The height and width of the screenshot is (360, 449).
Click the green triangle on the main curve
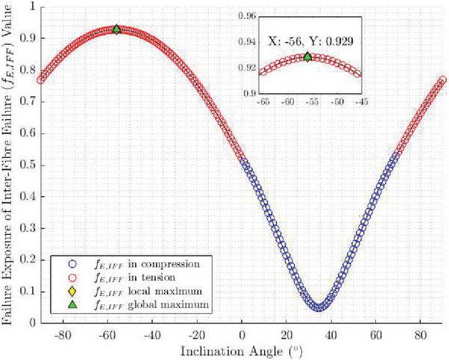pyautogui.click(x=116, y=29)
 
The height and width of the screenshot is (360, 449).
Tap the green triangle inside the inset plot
pyautogui.click(x=308, y=57)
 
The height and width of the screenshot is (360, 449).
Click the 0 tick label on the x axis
pyautogui.click(x=242, y=334)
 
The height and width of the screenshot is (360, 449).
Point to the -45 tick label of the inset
pyautogui.click(x=362, y=100)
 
